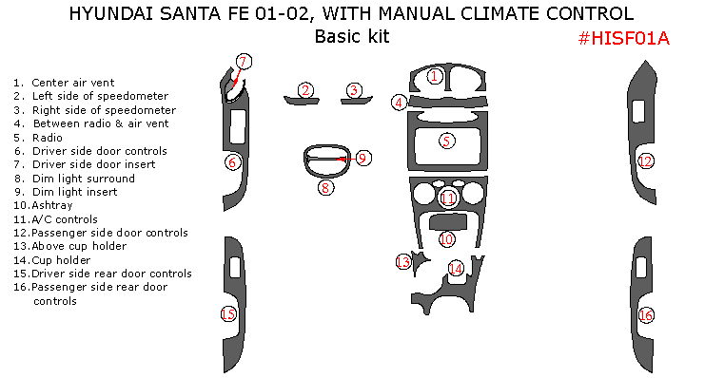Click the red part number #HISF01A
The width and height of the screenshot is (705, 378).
pos(624,38)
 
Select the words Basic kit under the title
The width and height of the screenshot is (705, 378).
pos(351,37)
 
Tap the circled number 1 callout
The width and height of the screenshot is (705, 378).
pos(434,76)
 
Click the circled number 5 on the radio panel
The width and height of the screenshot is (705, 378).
pos(446,142)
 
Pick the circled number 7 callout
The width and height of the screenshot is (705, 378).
pos(243,63)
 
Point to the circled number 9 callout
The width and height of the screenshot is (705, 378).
pos(362,158)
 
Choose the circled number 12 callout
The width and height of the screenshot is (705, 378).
pos(645,161)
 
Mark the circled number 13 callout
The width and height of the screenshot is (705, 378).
pos(403,261)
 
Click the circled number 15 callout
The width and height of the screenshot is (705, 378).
pos(228,313)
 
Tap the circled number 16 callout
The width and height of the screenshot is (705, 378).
pos(646,315)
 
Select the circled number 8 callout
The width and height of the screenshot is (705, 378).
pos(325,187)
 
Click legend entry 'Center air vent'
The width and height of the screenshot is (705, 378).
pos(63,83)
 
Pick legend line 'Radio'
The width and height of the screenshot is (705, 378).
pos(47,137)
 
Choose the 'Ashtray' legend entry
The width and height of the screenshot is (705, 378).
pos(51,205)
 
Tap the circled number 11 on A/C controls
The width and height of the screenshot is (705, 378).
pos(447,198)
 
